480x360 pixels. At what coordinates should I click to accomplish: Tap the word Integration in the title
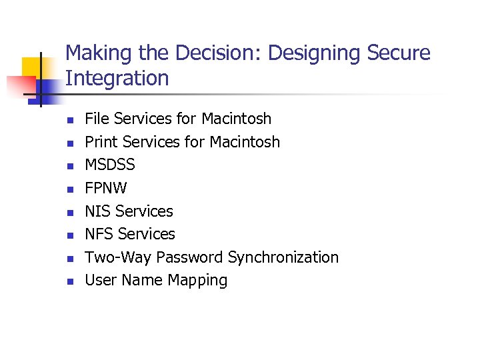click(117, 79)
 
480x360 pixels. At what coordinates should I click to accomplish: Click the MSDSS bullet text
click(109, 165)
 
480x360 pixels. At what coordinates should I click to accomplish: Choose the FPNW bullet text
click(105, 188)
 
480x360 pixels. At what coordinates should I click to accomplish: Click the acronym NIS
click(98, 211)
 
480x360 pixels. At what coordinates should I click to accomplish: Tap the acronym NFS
click(99, 234)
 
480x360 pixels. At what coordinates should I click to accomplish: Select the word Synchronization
click(283, 257)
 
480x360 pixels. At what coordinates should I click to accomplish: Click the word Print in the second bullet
click(101, 142)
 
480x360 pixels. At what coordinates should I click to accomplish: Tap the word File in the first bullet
click(97, 119)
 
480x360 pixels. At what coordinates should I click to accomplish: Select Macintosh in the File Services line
click(236, 119)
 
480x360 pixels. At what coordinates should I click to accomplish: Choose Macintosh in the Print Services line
click(244, 142)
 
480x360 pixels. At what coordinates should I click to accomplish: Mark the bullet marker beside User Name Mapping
click(69, 281)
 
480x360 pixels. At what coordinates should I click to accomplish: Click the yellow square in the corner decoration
click(35, 70)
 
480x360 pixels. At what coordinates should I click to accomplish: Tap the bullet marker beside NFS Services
click(69, 235)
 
